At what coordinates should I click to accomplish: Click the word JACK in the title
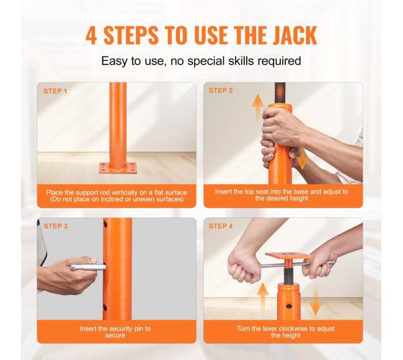[294, 35]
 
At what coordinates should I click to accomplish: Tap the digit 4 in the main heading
[92, 35]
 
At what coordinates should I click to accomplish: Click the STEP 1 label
[55, 91]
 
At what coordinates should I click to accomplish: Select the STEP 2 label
[221, 90]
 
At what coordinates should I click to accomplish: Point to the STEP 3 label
[56, 226]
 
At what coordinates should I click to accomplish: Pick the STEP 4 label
[221, 226]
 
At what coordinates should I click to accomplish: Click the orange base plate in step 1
[118, 168]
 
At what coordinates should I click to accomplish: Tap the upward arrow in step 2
[257, 107]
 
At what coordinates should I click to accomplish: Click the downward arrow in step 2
[301, 158]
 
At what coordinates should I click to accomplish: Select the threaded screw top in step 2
[280, 93]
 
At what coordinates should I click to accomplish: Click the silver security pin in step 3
[88, 267]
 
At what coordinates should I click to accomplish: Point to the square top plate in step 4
[289, 255]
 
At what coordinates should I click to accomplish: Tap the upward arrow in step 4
[263, 297]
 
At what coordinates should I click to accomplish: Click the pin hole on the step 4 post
[289, 306]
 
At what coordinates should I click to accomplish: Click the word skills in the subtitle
[240, 61]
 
